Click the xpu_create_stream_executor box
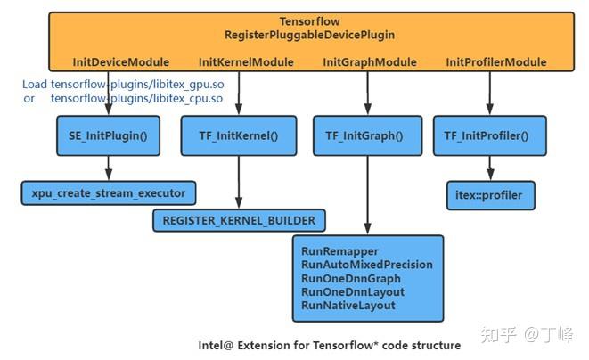[x=108, y=192]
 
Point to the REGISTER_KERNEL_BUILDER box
[x=238, y=219]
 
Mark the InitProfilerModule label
[x=495, y=62]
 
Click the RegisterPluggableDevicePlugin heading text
[x=309, y=35]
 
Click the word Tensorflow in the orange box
[x=309, y=21]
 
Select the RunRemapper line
[x=340, y=251]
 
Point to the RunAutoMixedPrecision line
[x=367, y=265]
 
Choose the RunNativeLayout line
[x=348, y=306]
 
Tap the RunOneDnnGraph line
[x=351, y=278]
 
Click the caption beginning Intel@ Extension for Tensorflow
[x=330, y=344]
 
